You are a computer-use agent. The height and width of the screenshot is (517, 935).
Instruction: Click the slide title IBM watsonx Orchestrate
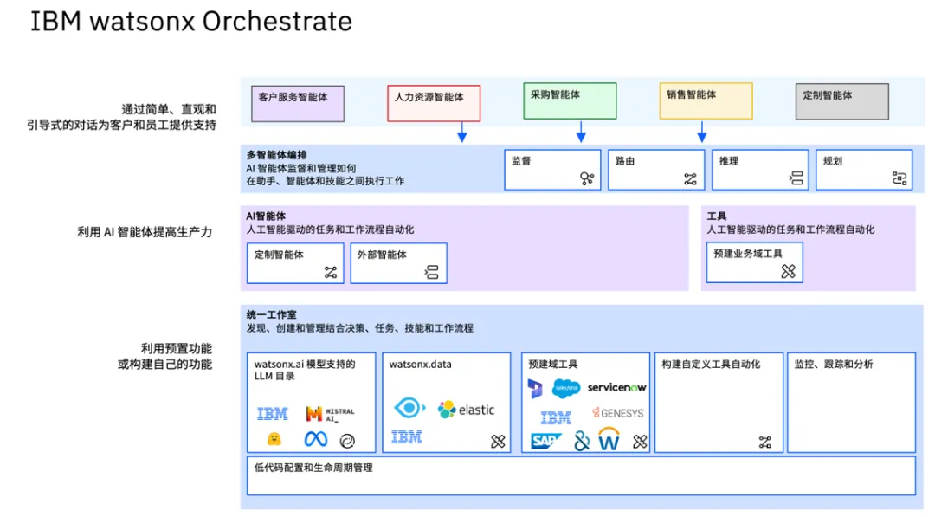(190, 22)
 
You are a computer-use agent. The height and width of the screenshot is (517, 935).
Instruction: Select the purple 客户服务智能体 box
(298, 104)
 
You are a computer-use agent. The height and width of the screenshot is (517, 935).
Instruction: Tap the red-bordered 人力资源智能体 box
(434, 104)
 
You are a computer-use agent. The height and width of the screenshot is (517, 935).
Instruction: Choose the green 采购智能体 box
(570, 100)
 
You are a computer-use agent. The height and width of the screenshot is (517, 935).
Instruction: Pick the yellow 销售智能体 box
(706, 100)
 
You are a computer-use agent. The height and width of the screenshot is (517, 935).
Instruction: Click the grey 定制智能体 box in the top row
(842, 101)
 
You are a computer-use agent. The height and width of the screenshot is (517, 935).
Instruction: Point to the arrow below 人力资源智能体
(461, 132)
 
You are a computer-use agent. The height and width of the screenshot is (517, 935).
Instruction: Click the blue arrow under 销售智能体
(702, 131)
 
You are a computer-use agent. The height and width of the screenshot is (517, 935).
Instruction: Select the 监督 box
(552, 170)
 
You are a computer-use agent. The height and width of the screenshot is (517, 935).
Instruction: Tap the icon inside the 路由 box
(690, 179)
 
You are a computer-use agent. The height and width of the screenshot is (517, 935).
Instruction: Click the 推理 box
(760, 170)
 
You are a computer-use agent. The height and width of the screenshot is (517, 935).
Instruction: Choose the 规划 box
(864, 170)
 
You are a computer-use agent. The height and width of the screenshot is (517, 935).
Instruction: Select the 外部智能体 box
(398, 263)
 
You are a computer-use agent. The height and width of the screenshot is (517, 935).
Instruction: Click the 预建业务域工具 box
(754, 262)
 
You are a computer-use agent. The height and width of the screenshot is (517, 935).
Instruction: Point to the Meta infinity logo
(315, 439)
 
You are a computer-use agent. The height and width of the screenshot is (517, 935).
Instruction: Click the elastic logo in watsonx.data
(466, 410)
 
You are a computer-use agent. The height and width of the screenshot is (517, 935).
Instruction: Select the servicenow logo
(616, 388)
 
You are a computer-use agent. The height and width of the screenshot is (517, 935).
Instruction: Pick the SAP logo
(545, 441)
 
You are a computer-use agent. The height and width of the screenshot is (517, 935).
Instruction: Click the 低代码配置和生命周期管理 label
(313, 469)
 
